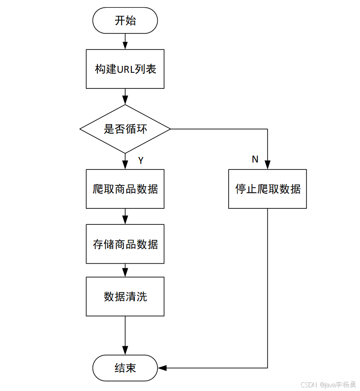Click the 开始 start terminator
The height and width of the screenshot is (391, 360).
tap(125, 21)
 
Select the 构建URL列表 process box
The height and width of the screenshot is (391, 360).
tap(125, 69)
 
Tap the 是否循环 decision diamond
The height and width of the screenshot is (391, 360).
tap(125, 129)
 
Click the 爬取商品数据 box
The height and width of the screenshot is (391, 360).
tap(125, 189)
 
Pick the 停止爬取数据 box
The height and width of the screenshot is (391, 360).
tap(268, 189)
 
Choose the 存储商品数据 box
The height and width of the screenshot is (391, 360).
tap(125, 244)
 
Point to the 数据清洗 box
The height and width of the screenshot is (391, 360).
tap(125, 297)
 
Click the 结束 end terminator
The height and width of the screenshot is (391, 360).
tap(125, 368)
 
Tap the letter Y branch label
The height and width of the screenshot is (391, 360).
tap(141, 160)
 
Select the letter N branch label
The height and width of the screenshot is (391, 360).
tap(255, 159)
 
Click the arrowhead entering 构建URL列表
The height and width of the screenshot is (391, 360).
tap(125, 45)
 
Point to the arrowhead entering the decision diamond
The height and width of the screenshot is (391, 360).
tap(125, 100)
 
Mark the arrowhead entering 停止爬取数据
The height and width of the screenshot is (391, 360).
tap(268, 165)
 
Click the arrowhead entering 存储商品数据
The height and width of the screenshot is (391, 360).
tap(125, 220)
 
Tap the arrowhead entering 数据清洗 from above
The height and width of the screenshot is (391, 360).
tap(125, 273)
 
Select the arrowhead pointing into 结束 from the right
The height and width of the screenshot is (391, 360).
tap(162, 368)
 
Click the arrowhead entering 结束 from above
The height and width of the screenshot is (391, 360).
tap(125, 351)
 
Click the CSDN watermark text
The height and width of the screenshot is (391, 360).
tap(309, 385)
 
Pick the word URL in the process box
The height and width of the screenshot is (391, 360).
tap(125, 69)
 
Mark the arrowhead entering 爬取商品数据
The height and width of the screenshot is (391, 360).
tap(125, 165)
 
